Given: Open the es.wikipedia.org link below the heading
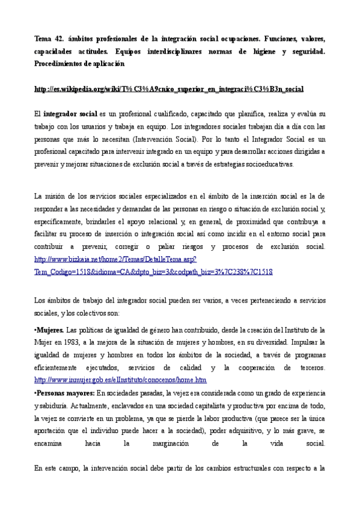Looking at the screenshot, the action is tap(169, 89).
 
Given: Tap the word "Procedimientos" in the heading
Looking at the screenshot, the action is tap(58, 63).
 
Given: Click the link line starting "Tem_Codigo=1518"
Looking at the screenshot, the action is tap(153, 271).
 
